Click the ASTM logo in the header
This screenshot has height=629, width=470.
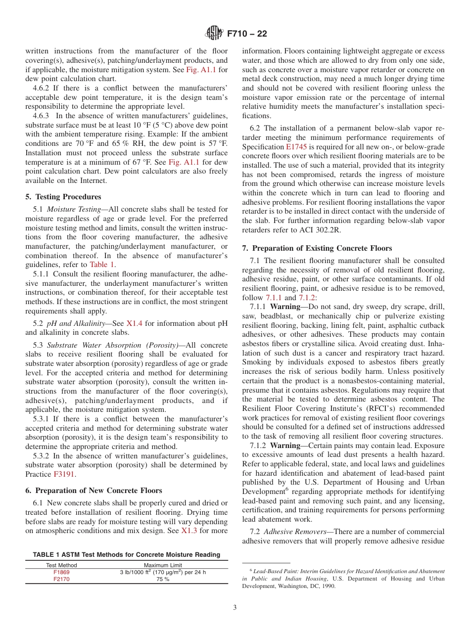(214, 34)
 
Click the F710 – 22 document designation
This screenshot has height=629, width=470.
(247, 34)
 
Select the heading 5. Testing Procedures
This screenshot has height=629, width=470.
(63, 197)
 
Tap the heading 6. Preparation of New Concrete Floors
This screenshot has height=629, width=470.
(94, 491)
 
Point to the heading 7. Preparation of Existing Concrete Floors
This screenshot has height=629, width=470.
(317, 248)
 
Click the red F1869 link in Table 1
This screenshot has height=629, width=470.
(61, 572)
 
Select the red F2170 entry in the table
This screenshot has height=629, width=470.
(61, 579)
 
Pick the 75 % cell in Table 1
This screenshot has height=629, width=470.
(163, 579)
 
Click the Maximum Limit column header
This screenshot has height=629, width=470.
(163, 565)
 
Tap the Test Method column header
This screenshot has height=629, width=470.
(61, 565)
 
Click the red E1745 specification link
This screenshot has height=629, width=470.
(295, 147)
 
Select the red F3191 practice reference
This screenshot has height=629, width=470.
(64, 474)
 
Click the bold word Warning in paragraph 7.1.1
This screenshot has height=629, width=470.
(285, 307)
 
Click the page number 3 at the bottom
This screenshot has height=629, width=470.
(235, 608)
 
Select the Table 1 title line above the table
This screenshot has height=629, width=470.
(127, 554)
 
